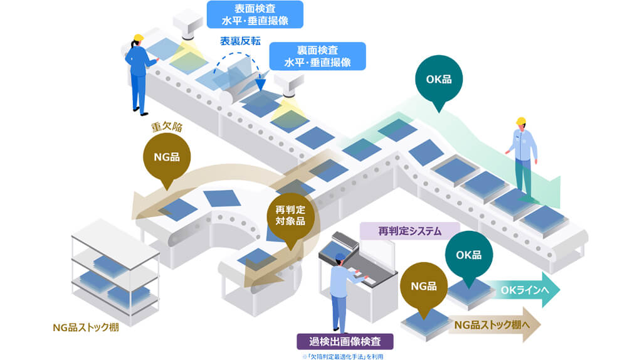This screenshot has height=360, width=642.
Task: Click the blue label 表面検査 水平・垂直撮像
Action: click(255, 14)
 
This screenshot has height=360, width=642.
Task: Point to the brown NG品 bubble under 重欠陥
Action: click(166, 156)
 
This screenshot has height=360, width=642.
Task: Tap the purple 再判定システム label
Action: click(410, 231)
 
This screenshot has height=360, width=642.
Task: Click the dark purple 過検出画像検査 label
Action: click(346, 342)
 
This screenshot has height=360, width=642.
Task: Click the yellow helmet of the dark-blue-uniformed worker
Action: click(139, 38)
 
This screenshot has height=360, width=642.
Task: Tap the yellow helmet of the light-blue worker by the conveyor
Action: click(520, 120)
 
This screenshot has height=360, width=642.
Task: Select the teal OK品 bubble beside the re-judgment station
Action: click(468, 254)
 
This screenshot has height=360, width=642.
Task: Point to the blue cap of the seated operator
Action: click(339, 257)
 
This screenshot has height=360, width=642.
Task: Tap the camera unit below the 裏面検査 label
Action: click(289, 85)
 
